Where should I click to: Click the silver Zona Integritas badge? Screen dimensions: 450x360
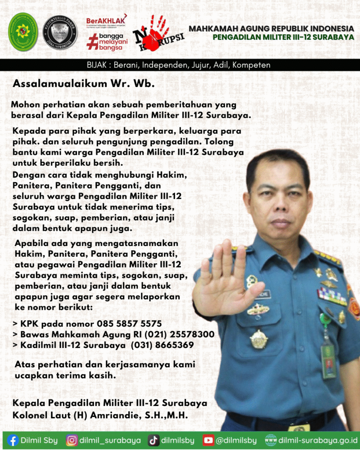click(x=60, y=32)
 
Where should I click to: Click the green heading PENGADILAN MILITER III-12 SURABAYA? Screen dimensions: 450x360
click(x=283, y=37)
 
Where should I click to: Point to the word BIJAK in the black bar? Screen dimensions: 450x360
click(x=97, y=65)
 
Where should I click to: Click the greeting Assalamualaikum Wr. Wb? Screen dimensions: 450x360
click(x=84, y=83)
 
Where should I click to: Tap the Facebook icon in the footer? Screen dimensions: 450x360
click(x=13, y=440)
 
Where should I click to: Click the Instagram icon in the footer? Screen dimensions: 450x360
click(x=72, y=440)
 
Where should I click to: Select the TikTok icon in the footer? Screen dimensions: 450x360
click(x=153, y=440)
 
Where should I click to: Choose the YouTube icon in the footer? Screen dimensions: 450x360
click(x=208, y=440)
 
